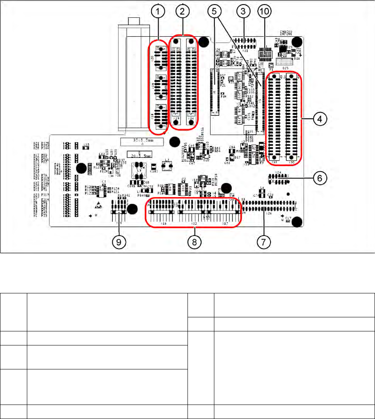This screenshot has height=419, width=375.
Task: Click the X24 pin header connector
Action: tap(278, 178)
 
